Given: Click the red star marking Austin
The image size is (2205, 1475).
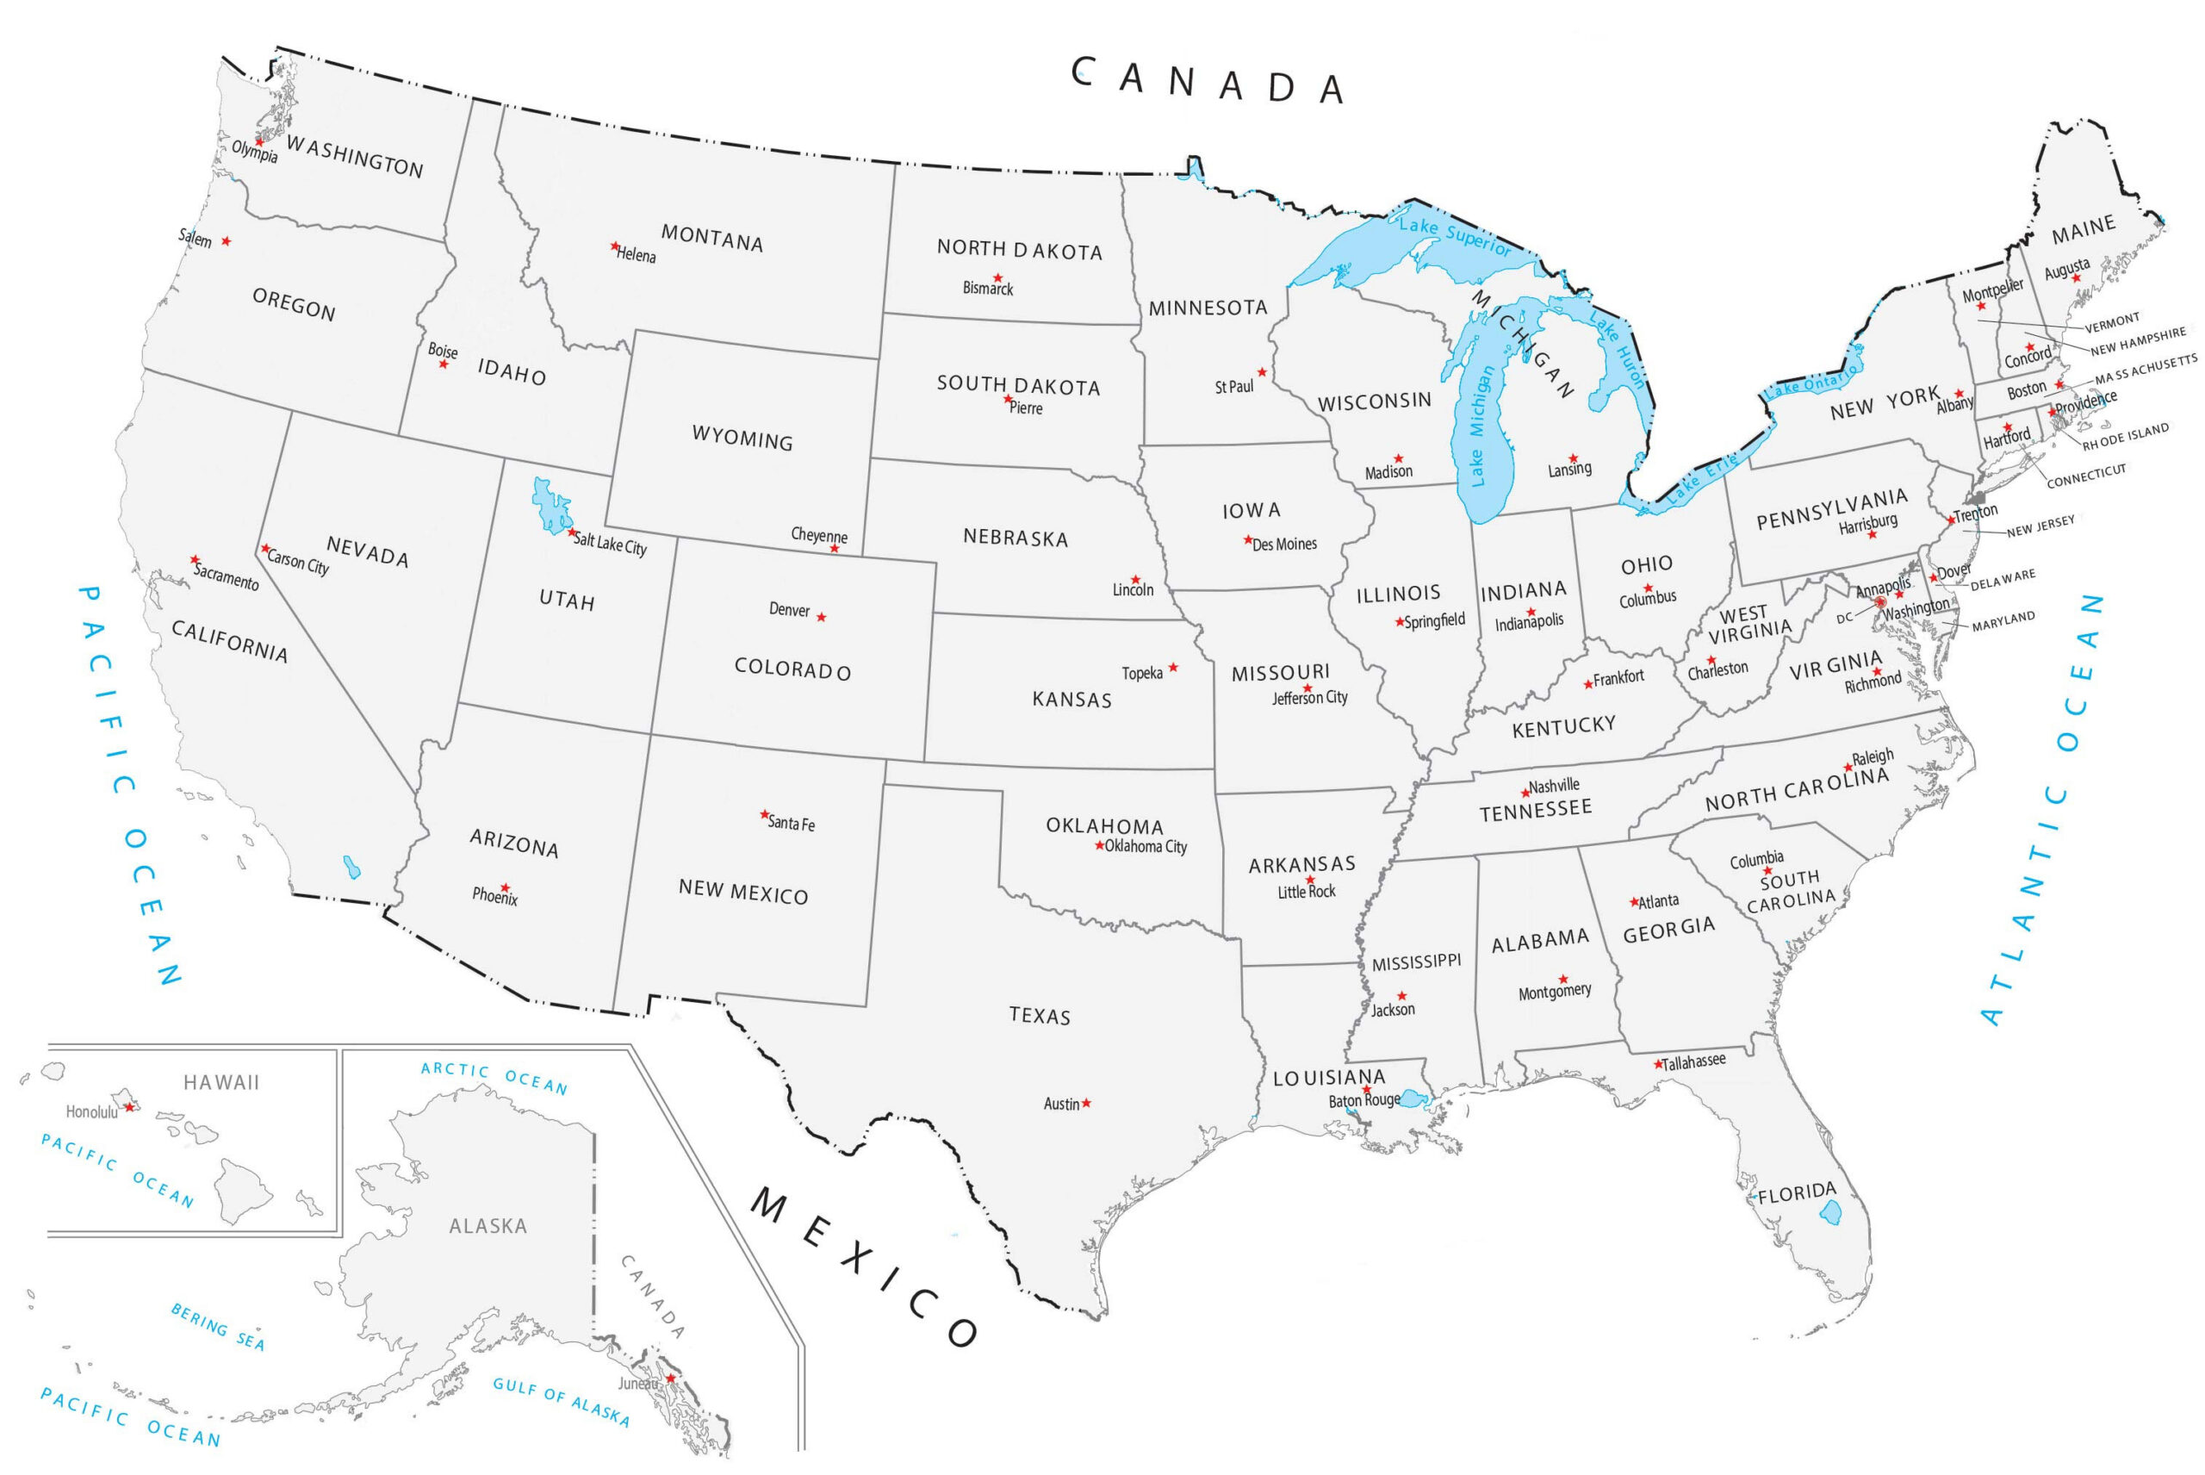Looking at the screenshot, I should click(1086, 1103).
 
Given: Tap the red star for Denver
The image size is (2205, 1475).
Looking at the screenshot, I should click(822, 617).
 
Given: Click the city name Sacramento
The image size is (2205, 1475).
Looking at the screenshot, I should click(227, 576).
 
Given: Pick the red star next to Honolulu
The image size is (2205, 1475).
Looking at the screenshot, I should click(130, 1107).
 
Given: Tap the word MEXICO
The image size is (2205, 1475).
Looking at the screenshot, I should click(863, 1267).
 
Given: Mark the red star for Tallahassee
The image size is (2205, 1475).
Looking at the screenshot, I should click(1659, 1065).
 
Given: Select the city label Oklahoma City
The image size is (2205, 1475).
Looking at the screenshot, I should click(1146, 847).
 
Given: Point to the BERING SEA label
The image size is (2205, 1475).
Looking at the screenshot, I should click(217, 1326).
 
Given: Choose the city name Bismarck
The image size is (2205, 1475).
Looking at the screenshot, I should click(987, 289).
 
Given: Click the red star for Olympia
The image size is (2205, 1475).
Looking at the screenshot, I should click(259, 142).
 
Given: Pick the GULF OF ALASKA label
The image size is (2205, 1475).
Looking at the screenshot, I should click(561, 1401).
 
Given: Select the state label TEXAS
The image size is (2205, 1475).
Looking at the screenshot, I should click(1039, 1015).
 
